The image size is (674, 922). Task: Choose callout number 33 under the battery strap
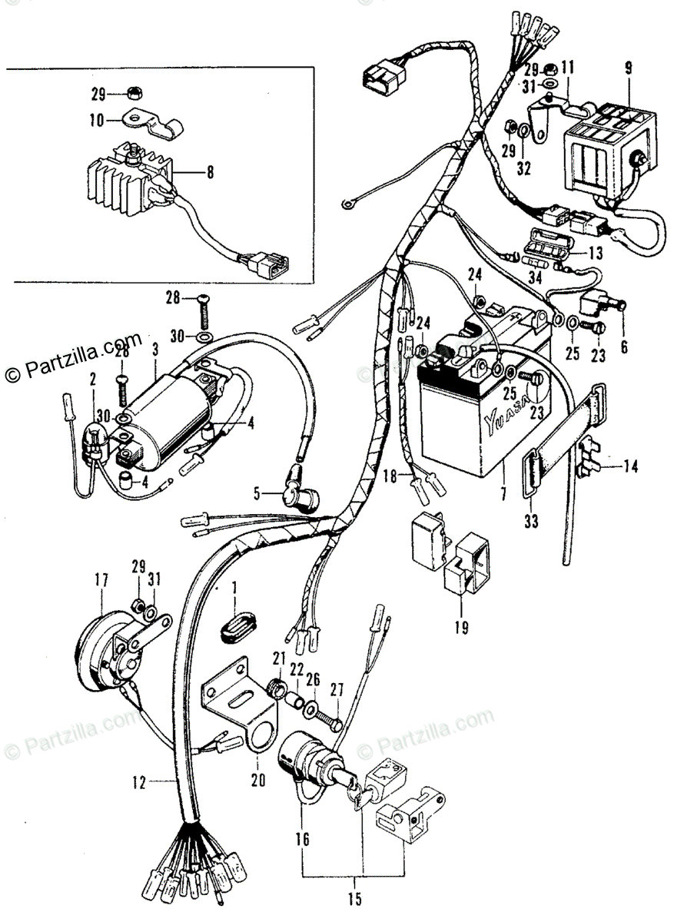tap(532, 522)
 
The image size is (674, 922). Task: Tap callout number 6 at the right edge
tap(623, 347)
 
